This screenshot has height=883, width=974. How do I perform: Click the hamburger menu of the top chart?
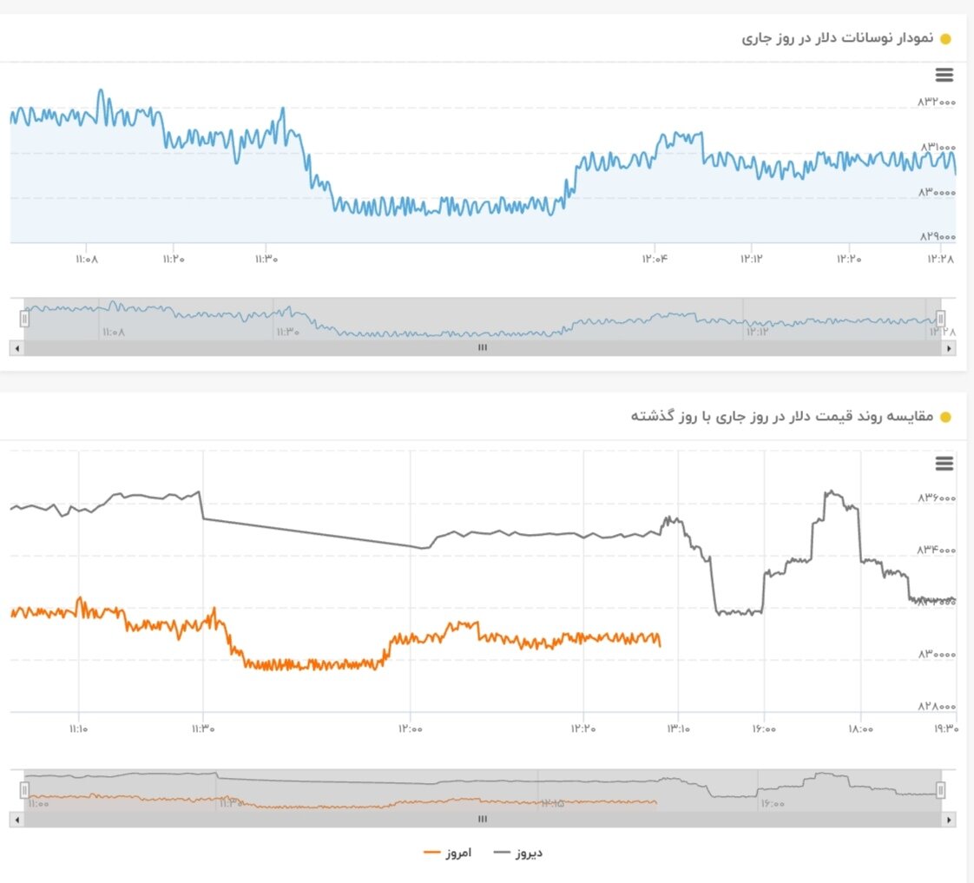coord(944,75)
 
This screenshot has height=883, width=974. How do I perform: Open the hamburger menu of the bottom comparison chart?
coord(944,464)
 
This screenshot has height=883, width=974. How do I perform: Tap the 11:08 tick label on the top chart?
coord(88,258)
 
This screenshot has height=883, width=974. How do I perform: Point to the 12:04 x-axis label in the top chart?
coord(655,258)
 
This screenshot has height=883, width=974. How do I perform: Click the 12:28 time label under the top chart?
coord(940,258)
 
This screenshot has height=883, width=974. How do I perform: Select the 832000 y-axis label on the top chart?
coord(936,102)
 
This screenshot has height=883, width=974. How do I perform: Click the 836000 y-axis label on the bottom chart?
coord(936,498)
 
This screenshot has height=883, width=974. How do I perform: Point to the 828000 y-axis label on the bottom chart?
coord(936,707)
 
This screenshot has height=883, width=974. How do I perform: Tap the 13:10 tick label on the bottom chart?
coord(679,729)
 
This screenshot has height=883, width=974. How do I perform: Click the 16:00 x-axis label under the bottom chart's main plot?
coord(764,729)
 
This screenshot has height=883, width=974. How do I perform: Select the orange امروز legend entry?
coord(448,853)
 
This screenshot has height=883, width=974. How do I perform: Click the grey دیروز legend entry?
coord(519,853)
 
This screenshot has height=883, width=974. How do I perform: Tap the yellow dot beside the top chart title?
coord(945,38)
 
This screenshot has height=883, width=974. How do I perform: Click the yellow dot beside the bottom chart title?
coord(945,417)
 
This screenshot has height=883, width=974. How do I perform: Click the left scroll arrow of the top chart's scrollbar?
coord(16,347)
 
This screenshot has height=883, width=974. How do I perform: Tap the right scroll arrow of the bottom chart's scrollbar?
coord(949,819)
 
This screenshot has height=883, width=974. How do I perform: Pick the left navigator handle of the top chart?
coord(24,319)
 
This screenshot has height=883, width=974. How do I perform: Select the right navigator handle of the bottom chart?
coord(940,789)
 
